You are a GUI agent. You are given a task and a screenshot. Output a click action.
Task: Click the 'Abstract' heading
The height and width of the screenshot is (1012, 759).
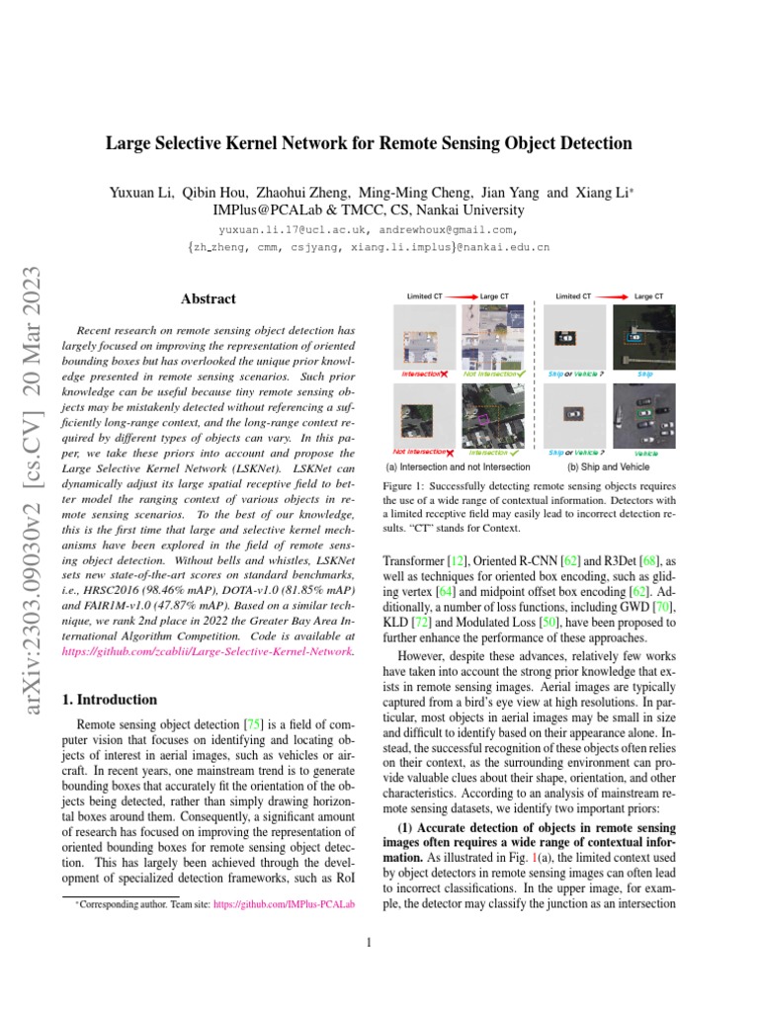tap(208, 298)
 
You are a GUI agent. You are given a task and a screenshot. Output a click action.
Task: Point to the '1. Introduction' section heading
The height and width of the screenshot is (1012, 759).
tap(110, 699)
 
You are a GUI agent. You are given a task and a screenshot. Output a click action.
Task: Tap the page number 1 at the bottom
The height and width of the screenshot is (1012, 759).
tap(368, 942)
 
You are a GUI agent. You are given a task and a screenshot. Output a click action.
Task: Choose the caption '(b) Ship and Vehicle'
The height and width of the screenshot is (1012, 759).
tap(608, 466)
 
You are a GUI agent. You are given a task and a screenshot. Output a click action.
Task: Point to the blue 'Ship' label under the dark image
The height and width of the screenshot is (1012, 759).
tap(644, 375)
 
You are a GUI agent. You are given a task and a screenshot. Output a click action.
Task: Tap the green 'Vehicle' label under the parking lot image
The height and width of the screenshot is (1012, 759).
tap(645, 453)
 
